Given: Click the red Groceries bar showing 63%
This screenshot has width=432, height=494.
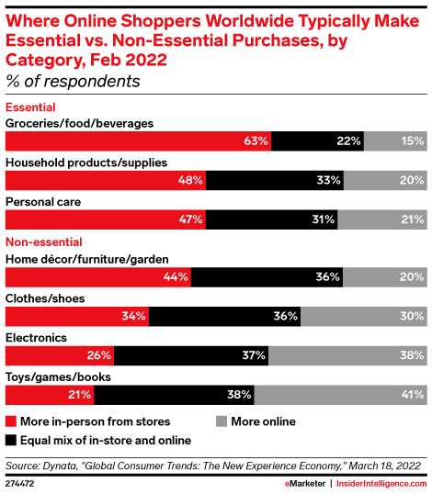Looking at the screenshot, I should tap(138, 140).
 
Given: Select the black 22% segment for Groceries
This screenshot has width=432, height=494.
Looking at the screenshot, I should tap(317, 140).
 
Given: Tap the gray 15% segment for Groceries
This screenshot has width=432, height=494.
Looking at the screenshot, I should tap(394, 140).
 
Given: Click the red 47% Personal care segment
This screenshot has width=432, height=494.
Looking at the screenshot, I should tap(106, 219).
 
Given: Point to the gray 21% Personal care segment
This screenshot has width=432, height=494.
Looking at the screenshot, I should tap(381, 219).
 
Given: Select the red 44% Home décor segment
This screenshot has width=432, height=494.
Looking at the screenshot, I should tap(97, 276).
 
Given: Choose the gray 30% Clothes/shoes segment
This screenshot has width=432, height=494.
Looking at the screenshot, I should tap(363, 316).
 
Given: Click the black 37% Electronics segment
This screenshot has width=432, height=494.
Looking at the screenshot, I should tap(190, 354).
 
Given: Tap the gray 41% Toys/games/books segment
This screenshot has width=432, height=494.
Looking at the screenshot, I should tap(339, 394).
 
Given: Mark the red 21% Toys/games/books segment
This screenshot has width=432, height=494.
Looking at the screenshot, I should tap(50, 394).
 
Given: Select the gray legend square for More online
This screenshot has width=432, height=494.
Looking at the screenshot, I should tap(221, 421).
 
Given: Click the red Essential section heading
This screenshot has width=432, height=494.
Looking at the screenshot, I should tap(29, 107).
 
